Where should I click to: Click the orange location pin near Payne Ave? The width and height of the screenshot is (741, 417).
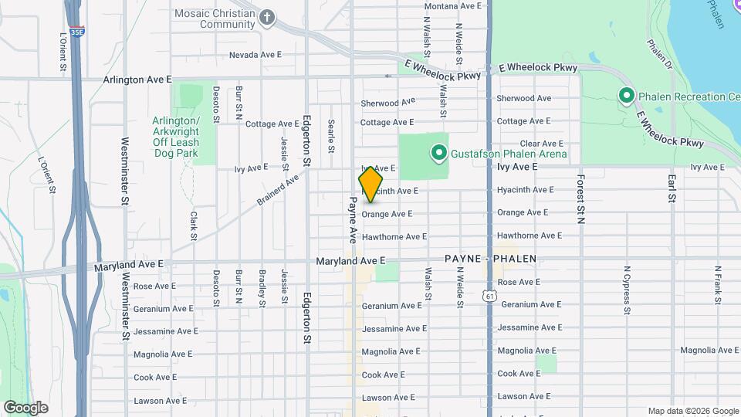click(370, 184)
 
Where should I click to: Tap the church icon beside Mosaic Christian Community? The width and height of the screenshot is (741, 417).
click(267, 18)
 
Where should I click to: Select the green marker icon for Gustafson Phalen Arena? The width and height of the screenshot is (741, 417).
click(438, 154)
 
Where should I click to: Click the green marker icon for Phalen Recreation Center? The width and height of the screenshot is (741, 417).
click(626, 97)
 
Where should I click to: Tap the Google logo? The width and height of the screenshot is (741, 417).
click(25, 408)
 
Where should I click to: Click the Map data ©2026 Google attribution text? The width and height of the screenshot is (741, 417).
click(693, 411)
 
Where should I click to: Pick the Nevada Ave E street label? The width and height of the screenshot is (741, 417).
click(255, 56)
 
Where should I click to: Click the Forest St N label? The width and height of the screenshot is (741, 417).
click(580, 198)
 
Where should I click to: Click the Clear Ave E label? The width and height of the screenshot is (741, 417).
click(542, 144)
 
